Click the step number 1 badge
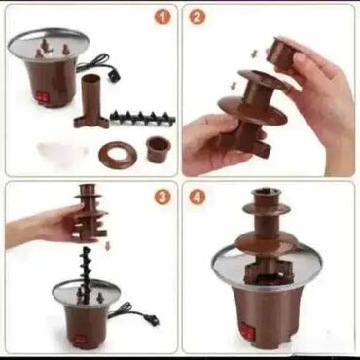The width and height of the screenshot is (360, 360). [162, 18]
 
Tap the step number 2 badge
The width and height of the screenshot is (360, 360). [197, 18]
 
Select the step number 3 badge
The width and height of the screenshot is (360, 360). [162, 197]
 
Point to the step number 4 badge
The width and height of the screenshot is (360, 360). [198, 197]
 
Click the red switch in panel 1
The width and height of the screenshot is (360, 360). [42, 97]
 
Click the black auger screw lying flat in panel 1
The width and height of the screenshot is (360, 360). [143, 118]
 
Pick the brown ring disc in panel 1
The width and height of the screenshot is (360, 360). [118, 156]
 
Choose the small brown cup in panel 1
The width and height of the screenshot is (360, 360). [158, 149]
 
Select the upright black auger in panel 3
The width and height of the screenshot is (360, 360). [86, 275]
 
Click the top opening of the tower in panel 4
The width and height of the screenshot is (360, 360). [267, 193]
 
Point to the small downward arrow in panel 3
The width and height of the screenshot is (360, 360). [107, 245]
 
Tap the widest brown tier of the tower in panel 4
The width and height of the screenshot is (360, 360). [267, 241]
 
